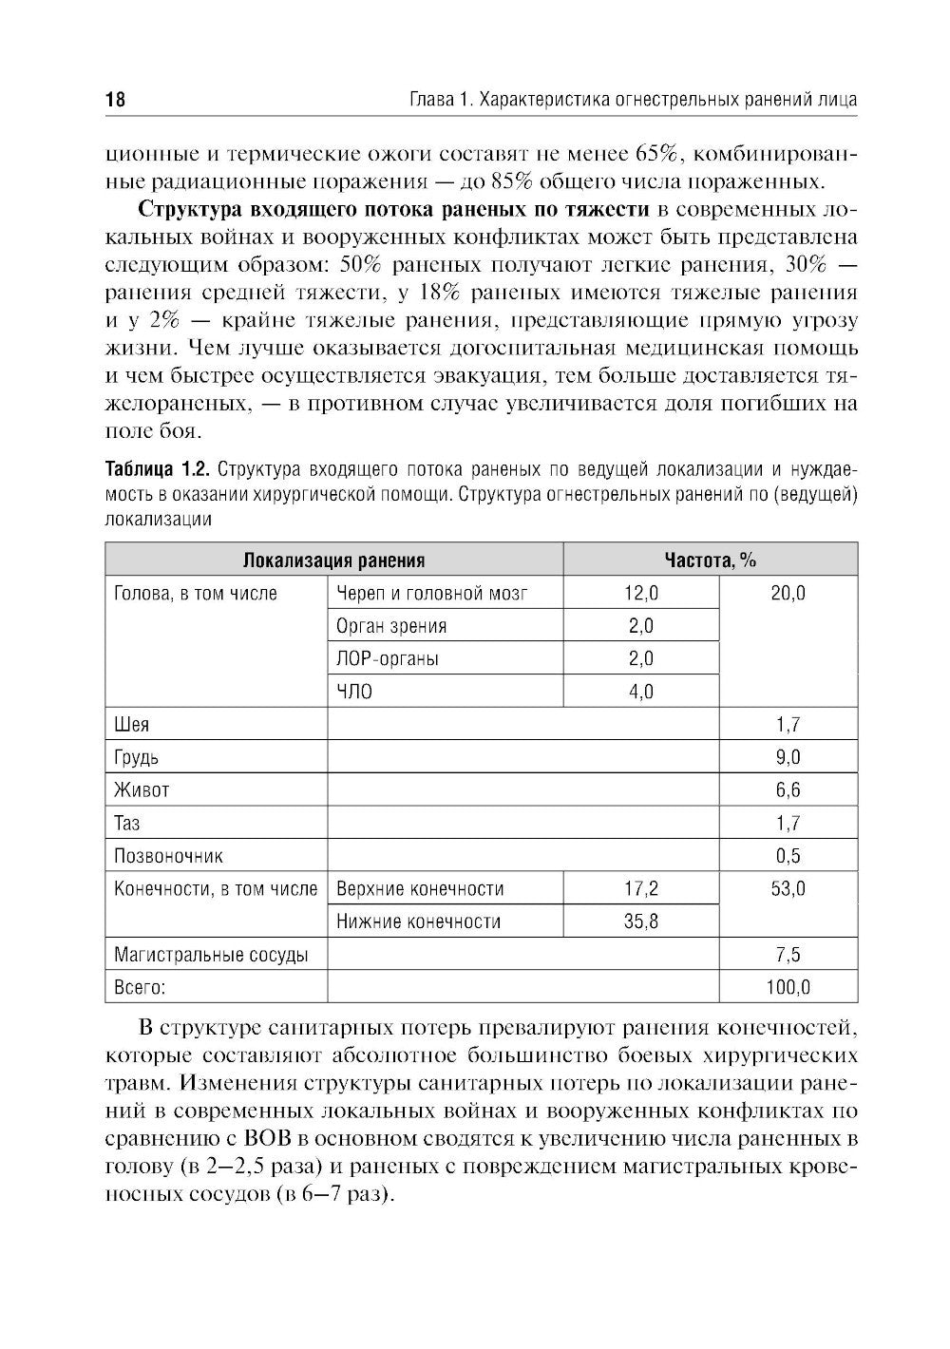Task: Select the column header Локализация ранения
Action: [x=333, y=560]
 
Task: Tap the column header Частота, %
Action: [x=710, y=560]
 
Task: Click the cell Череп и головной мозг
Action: [x=431, y=594]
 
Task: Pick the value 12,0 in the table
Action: [x=641, y=594]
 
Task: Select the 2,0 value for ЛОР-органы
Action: [x=641, y=658]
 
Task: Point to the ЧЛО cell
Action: [x=354, y=692]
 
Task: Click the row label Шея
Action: [x=131, y=725]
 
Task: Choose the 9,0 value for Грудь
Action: [x=788, y=757]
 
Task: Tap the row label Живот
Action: [x=142, y=789]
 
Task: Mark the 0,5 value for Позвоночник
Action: [x=788, y=855]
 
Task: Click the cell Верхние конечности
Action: [x=420, y=888]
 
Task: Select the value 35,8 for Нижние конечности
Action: [x=641, y=921]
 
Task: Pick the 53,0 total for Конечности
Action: [x=788, y=888]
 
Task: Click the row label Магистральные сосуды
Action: [x=210, y=955]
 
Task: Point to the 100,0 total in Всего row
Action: [x=788, y=987]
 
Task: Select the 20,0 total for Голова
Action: [x=788, y=594]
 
